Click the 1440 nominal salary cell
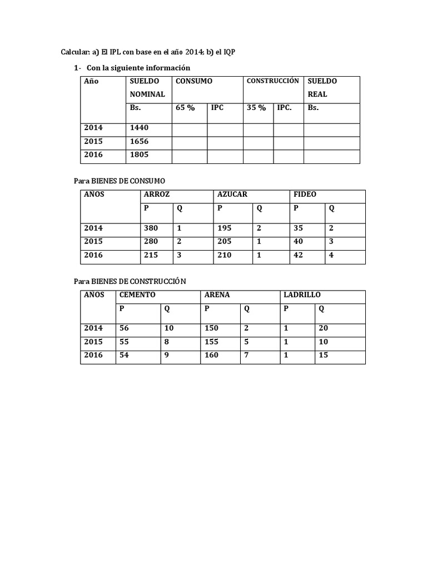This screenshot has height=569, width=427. [139, 128]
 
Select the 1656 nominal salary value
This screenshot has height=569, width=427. [139, 142]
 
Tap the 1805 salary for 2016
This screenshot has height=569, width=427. [139, 155]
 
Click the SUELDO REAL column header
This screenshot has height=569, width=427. [322, 87]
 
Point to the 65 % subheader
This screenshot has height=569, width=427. [185, 108]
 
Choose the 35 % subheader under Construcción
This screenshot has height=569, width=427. [256, 108]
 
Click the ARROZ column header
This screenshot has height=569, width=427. [156, 194]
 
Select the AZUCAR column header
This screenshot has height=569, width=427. [232, 194]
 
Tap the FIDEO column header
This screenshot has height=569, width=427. [305, 194]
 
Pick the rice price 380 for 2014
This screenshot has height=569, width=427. [151, 228]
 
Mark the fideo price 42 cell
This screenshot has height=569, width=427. [299, 255]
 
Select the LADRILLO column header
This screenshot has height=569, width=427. [302, 295]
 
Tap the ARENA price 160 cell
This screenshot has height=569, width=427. [211, 355]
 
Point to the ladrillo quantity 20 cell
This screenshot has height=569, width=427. [323, 328]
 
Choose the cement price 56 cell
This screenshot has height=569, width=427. [124, 328]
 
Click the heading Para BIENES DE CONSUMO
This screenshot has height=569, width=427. [120, 181]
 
